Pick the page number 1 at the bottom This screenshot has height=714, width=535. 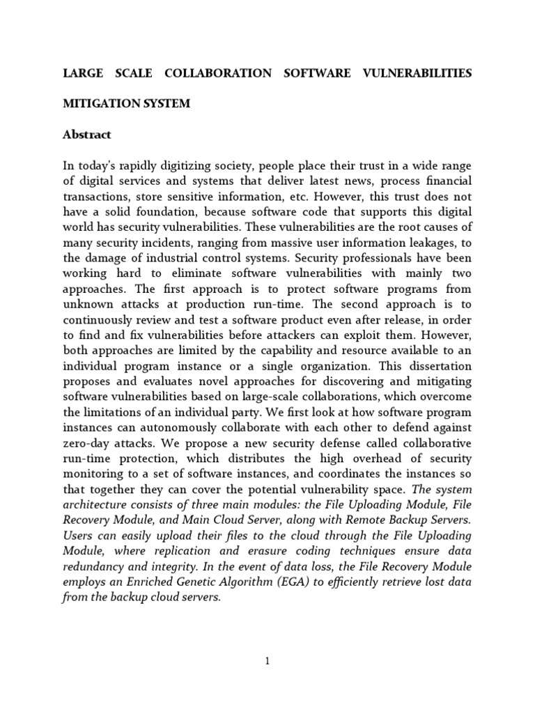click(267, 662)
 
